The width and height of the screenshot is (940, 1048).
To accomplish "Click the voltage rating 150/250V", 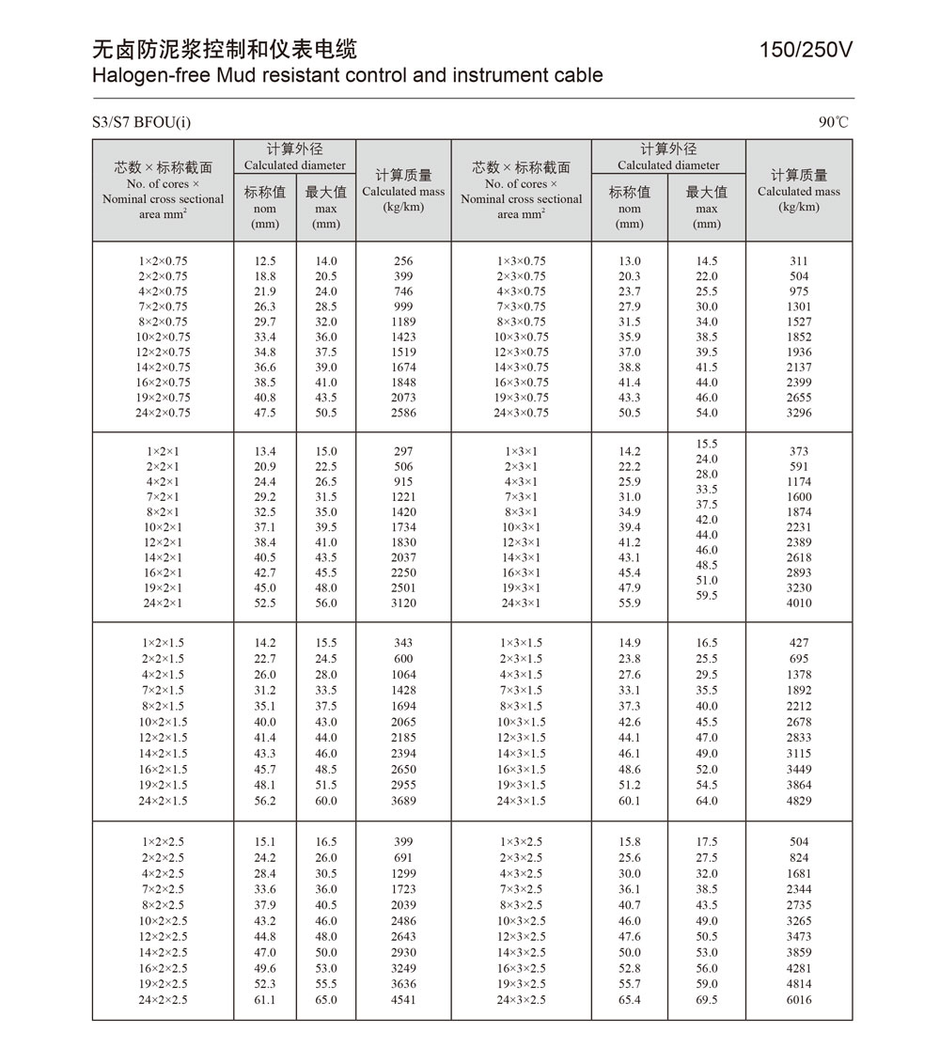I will pyautogui.click(x=806, y=50).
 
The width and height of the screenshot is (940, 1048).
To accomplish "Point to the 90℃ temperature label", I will pyautogui.click(x=833, y=122).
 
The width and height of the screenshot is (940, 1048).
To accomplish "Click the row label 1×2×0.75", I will pyautogui.click(x=163, y=261).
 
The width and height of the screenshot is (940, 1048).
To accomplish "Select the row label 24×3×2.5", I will pyautogui.click(x=521, y=1000).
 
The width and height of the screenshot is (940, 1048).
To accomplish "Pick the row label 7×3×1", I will pyautogui.click(x=521, y=497).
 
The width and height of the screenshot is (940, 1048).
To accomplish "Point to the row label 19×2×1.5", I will pyautogui.click(x=163, y=785).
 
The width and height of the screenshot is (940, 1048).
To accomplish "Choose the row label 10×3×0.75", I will pyautogui.click(x=521, y=336).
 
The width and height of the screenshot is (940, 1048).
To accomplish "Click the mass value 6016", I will pyautogui.click(x=799, y=1000).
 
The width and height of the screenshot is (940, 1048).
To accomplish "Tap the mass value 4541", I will pyautogui.click(x=403, y=1000).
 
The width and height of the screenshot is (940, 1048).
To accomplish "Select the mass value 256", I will pyautogui.click(x=403, y=261).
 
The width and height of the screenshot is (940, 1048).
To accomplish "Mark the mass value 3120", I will pyautogui.click(x=403, y=602).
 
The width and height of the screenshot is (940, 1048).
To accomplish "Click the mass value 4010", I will pyautogui.click(x=799, y=602).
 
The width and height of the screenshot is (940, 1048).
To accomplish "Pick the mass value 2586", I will pyautogui.click(x=403, y=413).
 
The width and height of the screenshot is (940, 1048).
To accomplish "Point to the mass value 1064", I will pyautogui.click(x=403, y=675).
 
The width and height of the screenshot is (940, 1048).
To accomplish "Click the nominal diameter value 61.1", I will pyautogui.click(x=265, y=1000).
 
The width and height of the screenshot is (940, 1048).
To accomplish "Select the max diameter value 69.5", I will pyautogui.click(x=706, y=1000).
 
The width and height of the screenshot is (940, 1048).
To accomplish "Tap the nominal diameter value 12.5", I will pyautogui.click(x=265, y=261).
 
